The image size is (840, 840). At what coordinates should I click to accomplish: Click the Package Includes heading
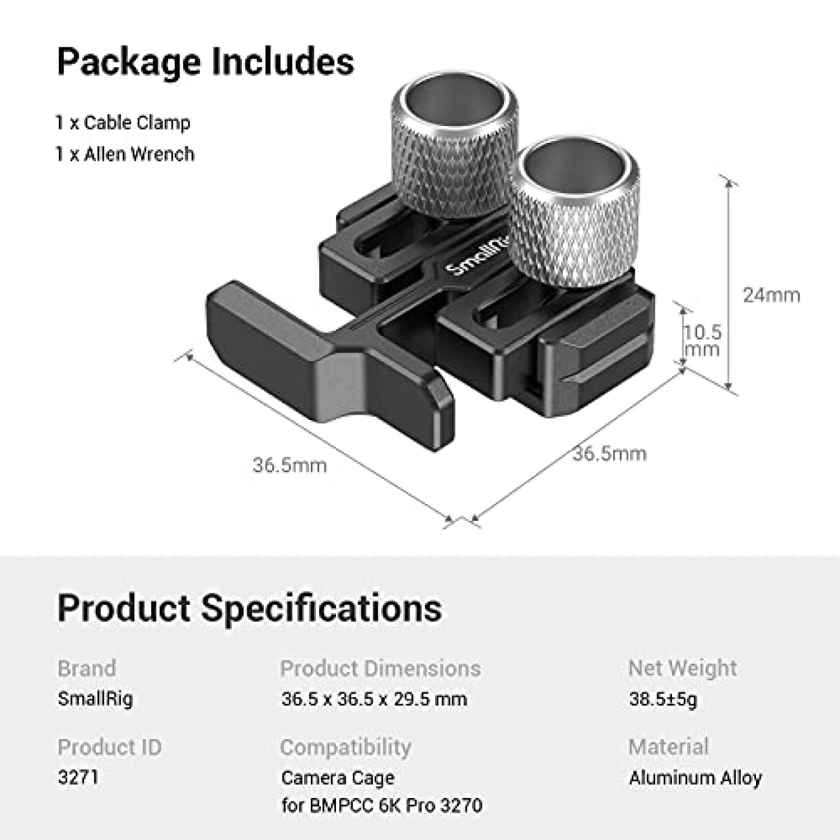205,62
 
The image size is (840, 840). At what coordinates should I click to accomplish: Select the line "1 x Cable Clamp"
123,123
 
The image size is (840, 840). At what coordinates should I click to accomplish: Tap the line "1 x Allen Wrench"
125,154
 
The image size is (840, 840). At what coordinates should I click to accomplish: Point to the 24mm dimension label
771,295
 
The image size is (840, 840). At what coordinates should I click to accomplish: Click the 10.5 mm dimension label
702,341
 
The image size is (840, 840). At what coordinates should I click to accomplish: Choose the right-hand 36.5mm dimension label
609,454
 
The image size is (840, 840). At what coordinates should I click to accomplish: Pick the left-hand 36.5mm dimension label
289,465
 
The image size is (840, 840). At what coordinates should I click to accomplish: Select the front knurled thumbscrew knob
574,215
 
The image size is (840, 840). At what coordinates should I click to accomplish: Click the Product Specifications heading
249,608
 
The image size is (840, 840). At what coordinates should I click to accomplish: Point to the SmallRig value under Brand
95,699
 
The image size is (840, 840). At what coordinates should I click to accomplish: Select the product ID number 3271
78,778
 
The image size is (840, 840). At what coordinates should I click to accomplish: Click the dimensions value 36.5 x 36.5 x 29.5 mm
374,699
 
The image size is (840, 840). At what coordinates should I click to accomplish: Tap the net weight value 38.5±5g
663,699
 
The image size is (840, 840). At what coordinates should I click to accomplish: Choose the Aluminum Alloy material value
695,778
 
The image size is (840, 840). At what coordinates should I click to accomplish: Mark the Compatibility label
345,747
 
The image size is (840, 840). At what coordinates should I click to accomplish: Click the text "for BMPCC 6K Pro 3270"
382,805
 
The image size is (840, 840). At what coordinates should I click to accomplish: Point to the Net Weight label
682,668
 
